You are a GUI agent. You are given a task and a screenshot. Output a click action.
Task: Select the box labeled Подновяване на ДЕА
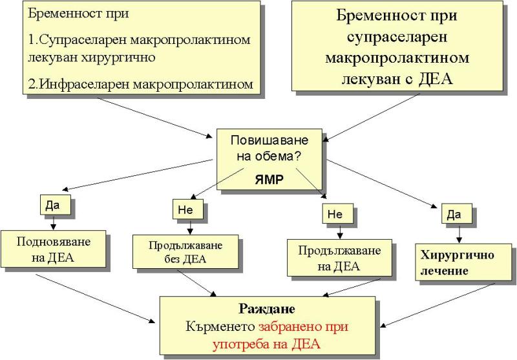pyautogui.click(x=54, y=249)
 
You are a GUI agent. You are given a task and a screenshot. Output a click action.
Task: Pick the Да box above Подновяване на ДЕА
pyautogui.click(x=52, y=204)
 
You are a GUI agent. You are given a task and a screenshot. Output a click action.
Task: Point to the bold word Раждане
pyautogui.click(x=266, y=309)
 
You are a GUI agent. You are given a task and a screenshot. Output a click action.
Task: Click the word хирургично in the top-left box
pyautogui.click(x=123, y=57)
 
